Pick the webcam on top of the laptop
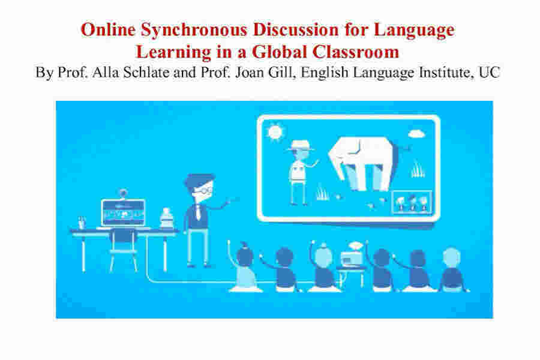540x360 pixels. pos(124,194)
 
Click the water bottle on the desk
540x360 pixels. pos(166,217)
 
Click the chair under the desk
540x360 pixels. pos(123,246)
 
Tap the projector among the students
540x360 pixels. pos(354,259)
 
